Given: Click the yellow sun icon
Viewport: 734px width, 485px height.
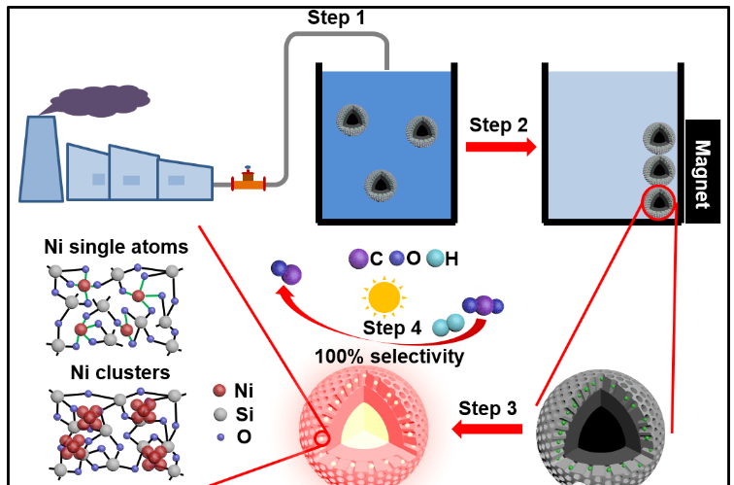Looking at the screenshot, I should [x=384, y=296].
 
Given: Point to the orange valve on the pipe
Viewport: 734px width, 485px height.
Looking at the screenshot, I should [x=249, y=181].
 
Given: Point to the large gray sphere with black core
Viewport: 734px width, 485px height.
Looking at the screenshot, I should [x=601, y=429].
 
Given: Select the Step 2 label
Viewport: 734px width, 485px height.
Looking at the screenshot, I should [x=498, y=124].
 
